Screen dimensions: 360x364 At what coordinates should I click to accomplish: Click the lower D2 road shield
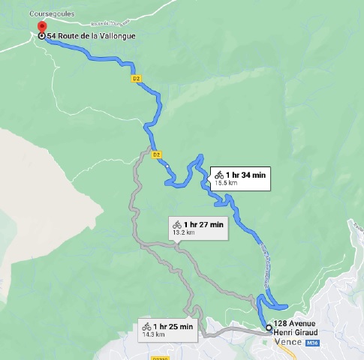tap(157, 154)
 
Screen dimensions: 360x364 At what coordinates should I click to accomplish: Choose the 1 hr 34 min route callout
tap(239, 177)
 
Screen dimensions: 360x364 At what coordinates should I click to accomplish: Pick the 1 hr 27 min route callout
tap(198, 227)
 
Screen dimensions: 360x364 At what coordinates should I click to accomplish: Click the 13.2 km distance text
tap(183, 232)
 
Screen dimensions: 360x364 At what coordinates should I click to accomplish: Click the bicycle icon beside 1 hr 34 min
tap(218, 174)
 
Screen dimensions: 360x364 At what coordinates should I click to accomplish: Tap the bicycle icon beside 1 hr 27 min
tap(177, 224)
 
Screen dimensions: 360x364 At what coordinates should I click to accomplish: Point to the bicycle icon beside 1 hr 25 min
tap(146, 326)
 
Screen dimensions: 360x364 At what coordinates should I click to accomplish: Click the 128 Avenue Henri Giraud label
tap(300, 328)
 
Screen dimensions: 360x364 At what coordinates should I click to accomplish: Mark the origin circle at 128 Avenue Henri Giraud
tap(269, 327)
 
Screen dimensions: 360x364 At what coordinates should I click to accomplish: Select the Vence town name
tap(288, 341)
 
